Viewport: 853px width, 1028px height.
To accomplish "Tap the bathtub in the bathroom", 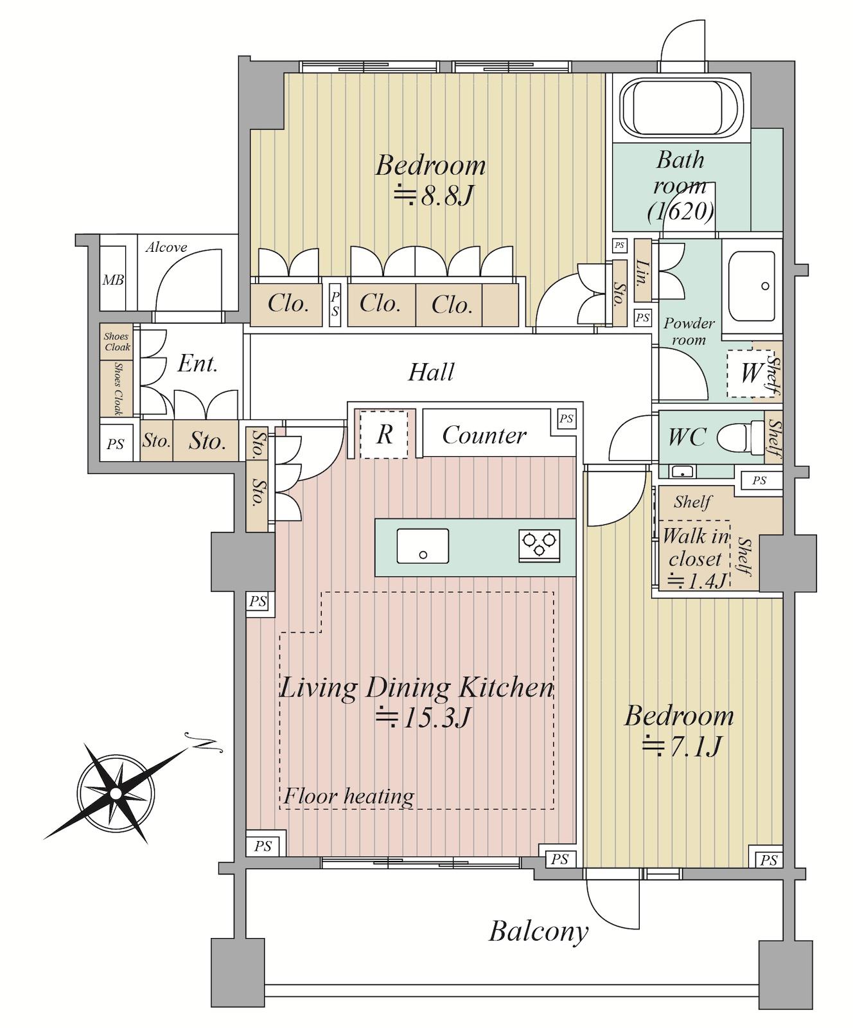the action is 682,107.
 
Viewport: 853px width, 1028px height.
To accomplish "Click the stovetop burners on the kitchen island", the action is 540,545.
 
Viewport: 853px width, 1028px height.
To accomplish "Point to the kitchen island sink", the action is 423,545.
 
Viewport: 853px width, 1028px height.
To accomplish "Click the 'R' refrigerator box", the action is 383,434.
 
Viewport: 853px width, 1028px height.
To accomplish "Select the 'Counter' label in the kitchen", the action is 484,435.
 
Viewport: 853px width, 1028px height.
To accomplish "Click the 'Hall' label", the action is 431,372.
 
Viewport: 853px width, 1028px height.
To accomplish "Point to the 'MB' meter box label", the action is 113,280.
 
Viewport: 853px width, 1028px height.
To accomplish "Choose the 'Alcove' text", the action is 166,247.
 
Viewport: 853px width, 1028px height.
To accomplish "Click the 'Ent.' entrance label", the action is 197,364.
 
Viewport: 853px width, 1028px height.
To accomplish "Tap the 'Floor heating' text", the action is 349,796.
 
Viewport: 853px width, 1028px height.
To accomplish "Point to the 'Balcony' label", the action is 538,931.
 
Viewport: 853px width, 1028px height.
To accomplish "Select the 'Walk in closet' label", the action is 696,547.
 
